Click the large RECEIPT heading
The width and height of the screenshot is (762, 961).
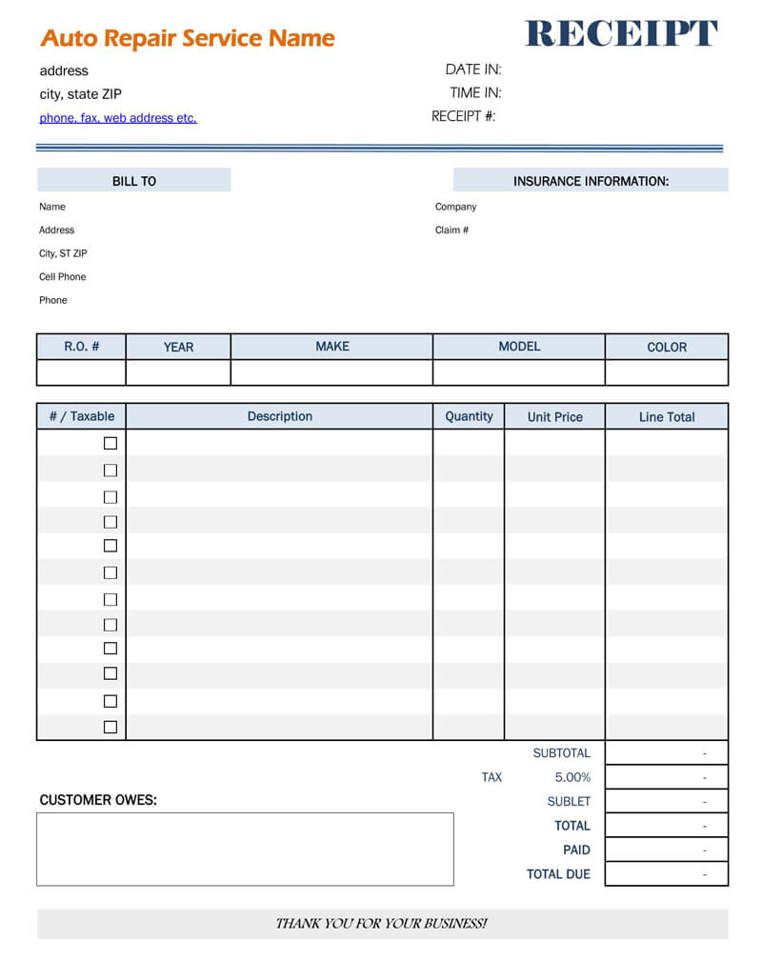(x=621, y=33)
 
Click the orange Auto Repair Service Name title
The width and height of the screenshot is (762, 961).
(x=188, y=38)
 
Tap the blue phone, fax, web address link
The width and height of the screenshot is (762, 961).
(x=118, y=118)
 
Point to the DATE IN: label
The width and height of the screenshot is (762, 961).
(x=472, y=69)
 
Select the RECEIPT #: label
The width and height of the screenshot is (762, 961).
(x=463, y=116)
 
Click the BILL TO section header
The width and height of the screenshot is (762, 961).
(x=134, y=181)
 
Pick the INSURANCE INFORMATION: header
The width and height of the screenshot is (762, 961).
(x=591, y=181)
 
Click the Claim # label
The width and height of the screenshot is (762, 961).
(x=451, y=230)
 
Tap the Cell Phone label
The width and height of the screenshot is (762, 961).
(x=62, y=276)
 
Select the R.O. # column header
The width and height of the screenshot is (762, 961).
(x=81, y=347)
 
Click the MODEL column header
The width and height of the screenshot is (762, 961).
(x=519, y=347)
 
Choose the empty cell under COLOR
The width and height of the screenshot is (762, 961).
(x=666, y=372)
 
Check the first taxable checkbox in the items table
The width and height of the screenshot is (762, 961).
(x=110, y=443)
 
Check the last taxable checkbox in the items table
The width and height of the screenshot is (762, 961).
(x=110, y=727)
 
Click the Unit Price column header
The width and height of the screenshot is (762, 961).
(x=554, y=416)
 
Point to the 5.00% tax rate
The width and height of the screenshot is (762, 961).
(x=572, y=777)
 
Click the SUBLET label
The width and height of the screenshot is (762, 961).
(x=569, y=802)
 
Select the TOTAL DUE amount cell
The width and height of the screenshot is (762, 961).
(x=666, y=874)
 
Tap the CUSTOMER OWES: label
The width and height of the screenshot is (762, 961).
(x=98, y=800)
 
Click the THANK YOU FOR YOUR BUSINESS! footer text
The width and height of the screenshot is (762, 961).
(x=381, y=924)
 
